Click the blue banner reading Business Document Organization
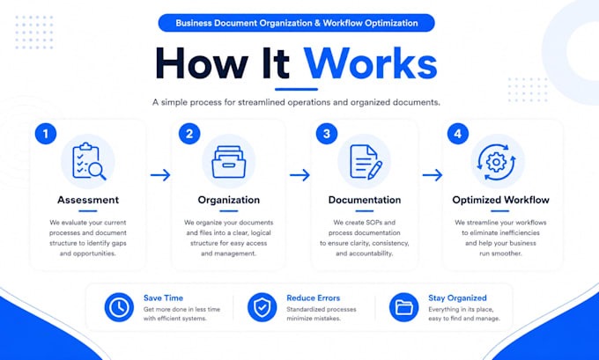pyautogui.click(x=297, y=23)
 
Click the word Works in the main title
pyautogui.click(x=370, y=63)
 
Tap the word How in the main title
pyautogui.click(x=202, y=63)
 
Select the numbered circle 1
pyautogui.click(x=46, y=134)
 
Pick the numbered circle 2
pyautogui.click(x=189, y=134)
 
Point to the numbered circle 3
pyautogui.click(x=327, y=134)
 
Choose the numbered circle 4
pyautogui.click(x=458, y=134)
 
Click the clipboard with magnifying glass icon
pyautogui.click(x=89, y=161)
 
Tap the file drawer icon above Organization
pyautogui.click(x=229, y=162)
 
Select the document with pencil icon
pyautogui.click(x=366, y=162)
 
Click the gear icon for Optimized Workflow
pyautogui.click(x=496, y=162)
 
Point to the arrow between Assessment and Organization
pyautogui.click(x=160, y=175)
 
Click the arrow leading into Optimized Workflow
pyautogui.click(x=433, y=175)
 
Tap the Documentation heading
pyautogui.click(x=365, y=200)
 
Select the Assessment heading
pyautogui.click(x=88, y=200)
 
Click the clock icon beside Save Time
pyautogui.click(x=119, y=307)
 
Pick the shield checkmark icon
pyautogui.click(x=263, y=307)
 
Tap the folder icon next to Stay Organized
pyautogui.click(x=404, y=307)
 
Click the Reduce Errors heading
pyautogui.click(x=314, y=298)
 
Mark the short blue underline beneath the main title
pyautogui.click(x=297, y=89)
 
